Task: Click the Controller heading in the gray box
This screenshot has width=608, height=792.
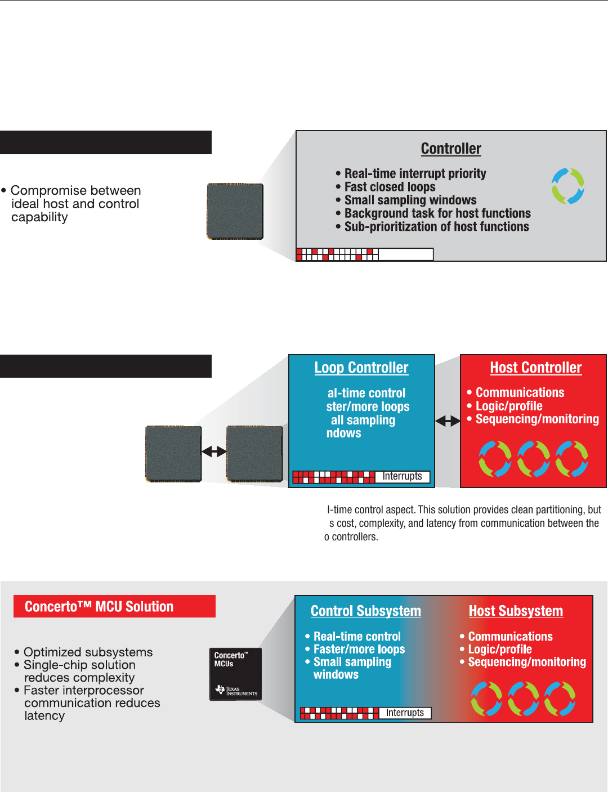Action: tap(451, 149)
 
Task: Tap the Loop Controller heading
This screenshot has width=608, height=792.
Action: tap(361, 368)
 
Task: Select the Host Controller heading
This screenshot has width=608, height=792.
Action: tap(535, 368)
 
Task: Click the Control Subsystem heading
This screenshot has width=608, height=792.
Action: tap(366, 611)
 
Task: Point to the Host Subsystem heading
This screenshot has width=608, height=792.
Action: tap(516, 611)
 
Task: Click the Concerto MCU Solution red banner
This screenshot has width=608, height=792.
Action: tap(114, 606)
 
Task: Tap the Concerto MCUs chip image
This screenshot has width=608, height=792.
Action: tap(235, 674)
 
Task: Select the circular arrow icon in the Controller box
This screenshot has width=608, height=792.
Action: tap(567, 186)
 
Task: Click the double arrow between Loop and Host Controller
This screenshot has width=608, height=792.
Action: tap(448, 420)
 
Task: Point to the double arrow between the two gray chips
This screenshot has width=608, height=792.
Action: tap(214, 451)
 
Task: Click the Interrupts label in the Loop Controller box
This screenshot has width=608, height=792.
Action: tap(402, 476)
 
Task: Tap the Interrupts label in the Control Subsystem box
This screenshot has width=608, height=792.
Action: tap(405, 713)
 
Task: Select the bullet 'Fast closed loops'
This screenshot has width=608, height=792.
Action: tap(390, 187)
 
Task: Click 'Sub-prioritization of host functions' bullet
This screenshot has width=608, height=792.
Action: tap(436, 227)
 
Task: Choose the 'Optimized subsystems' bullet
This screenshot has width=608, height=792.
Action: tap(88, 652)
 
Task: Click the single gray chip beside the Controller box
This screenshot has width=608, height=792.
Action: tap(235, 211)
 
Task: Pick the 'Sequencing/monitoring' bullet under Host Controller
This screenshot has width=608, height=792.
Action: tap(537, 419)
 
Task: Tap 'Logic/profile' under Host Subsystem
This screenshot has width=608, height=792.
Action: tap(500, 649)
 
